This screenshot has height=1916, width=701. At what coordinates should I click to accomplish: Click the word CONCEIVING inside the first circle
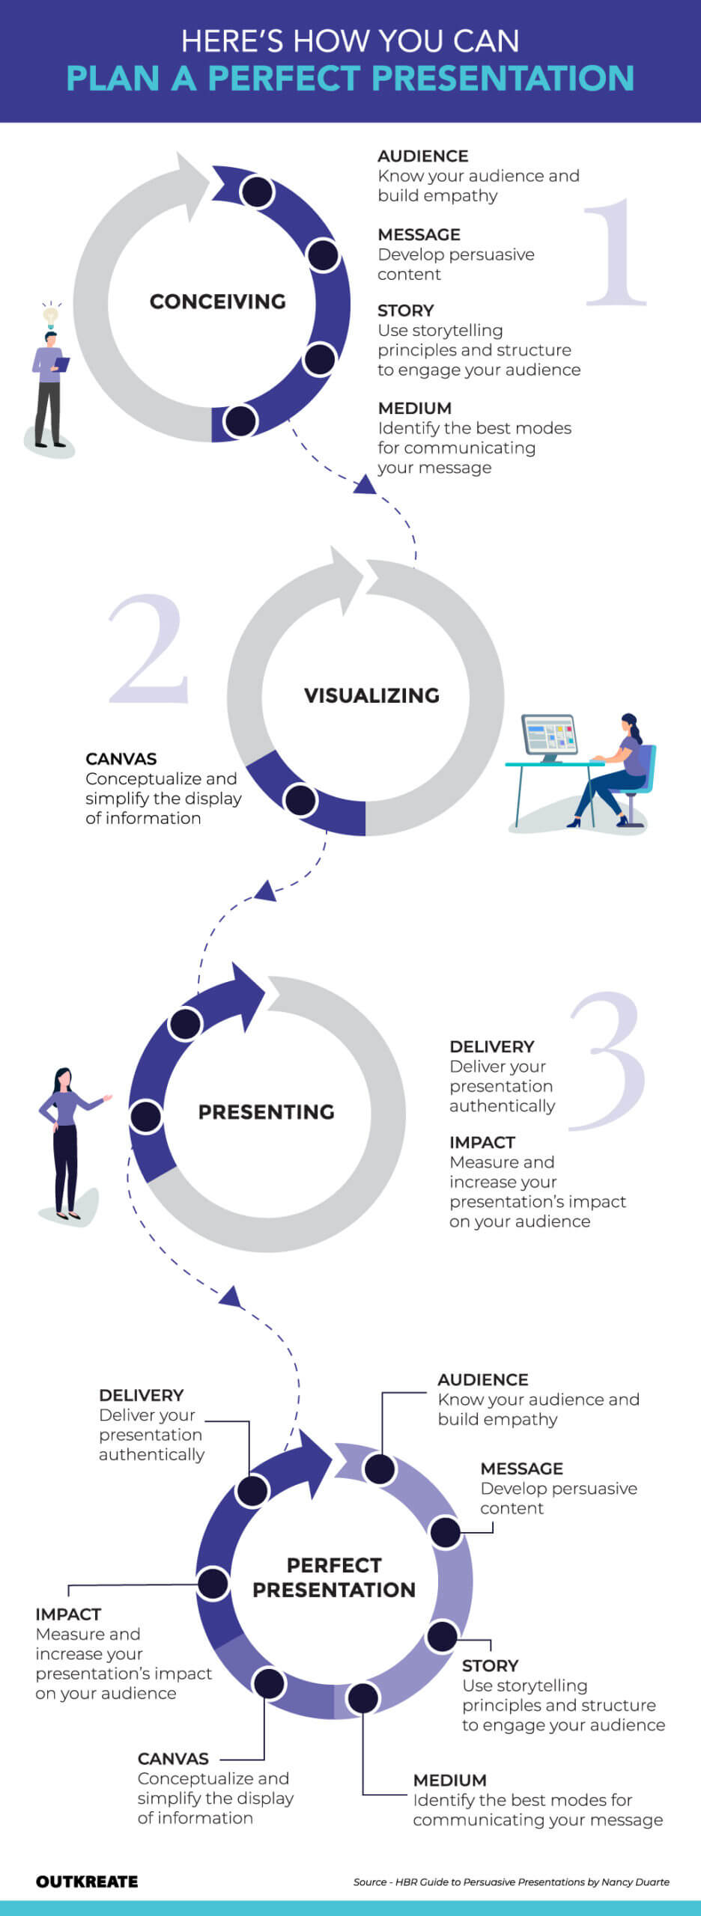[x=217, y=302]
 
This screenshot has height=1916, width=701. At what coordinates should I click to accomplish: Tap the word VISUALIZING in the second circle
[x=371, y=695]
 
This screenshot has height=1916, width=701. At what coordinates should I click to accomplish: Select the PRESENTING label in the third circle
[x=266, y=1111]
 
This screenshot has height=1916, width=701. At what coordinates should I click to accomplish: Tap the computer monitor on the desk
[x=549, y=734]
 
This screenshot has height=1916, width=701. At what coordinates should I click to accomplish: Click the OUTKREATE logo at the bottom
[x=86, y=1881]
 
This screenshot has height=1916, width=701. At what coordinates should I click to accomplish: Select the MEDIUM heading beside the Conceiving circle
[x=414, y=408]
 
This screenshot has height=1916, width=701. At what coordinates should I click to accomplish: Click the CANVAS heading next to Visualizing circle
[x=121, y=758]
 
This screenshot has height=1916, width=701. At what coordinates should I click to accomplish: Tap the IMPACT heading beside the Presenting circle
[x=482, y=1142]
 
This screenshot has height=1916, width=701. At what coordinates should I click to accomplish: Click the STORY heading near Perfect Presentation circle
[x=490, y=1665]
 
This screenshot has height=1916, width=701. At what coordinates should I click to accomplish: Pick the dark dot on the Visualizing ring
[x=300, y=799]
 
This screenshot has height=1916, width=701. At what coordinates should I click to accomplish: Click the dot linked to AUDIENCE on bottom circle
[x=380, y=1468]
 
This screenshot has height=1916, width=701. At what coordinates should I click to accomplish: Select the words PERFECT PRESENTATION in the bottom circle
[x=334, y=1577]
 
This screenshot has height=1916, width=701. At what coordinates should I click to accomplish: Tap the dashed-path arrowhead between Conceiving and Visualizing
[x=365, y=485]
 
